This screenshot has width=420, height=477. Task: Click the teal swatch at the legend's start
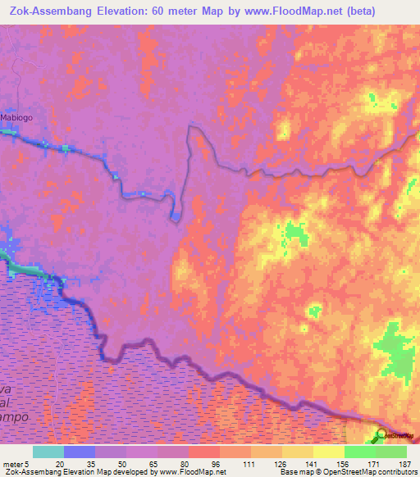[x=48, y=452]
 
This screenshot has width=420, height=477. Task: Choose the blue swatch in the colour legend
[x=80, y=452]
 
